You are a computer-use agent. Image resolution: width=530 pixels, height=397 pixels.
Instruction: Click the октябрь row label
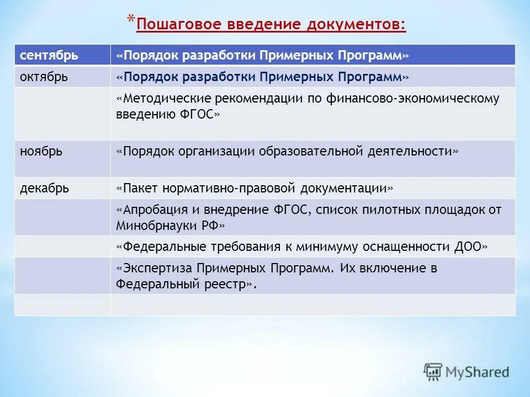click(44, 77)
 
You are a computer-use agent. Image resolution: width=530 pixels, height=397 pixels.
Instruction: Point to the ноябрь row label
click(41, 152)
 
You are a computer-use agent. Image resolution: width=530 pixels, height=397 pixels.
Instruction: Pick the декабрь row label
click(45, 189)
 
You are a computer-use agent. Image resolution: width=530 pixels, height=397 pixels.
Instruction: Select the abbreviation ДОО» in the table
click(472, 246)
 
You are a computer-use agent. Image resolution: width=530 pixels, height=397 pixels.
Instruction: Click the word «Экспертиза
click(150, 269)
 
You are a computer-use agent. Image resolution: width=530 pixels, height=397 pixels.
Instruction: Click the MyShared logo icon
click(434, 372)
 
